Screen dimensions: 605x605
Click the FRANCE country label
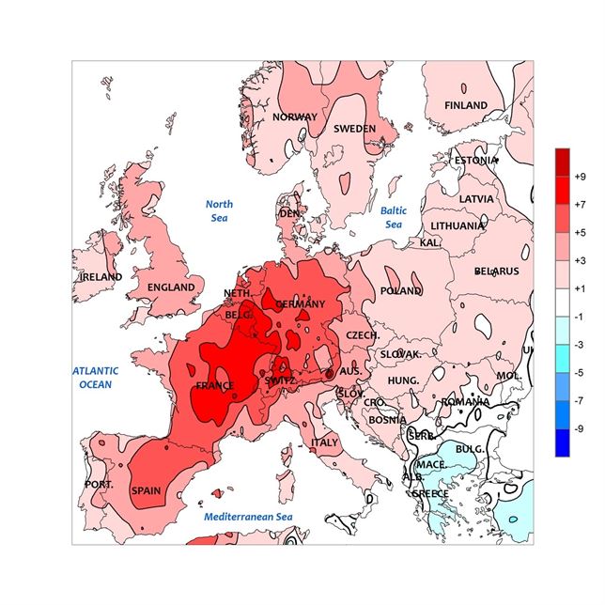(213, 385)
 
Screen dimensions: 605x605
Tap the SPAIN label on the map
(146, 490)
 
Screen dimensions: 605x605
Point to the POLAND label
(401, 291)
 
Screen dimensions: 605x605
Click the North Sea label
(219, 210)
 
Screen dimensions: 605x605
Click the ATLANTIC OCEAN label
(94, 377)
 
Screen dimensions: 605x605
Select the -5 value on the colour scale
(579, 372)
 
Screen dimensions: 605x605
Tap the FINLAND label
(466, 105)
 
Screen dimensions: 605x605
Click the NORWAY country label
(295, 117)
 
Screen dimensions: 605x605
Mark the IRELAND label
(101, 278)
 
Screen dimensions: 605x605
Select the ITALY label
(324, 442)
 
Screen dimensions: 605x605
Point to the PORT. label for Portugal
(99, 485)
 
